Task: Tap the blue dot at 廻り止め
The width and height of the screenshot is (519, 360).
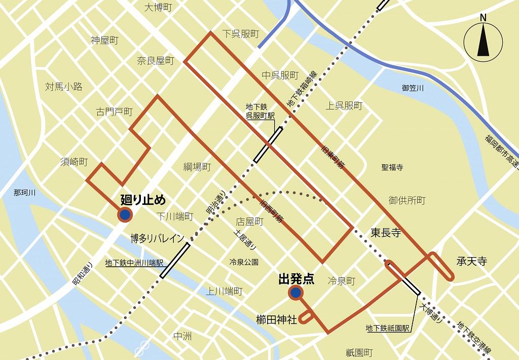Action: point(125,215)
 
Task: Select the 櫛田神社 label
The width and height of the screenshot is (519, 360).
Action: point(276,319)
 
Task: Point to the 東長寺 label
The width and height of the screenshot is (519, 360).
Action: point(386,233)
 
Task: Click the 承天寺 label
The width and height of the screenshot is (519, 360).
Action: point(471,262)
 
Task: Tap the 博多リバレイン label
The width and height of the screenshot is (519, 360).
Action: point(157,238)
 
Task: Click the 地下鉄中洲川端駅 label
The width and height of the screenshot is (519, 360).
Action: point(134,263)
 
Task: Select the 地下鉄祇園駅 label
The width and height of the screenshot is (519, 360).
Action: point(388,328)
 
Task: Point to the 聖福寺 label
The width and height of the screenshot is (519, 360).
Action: point(392,167)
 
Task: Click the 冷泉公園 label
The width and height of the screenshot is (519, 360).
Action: point(244,262)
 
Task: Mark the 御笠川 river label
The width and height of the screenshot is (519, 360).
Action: point(413,88)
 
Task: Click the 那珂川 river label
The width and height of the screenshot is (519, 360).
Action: point(24,193)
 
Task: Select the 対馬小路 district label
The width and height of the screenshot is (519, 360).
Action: point(63,87)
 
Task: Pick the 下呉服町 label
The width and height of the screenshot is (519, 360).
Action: point(241,34)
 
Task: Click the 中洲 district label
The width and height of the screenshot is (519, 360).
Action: point(182,336)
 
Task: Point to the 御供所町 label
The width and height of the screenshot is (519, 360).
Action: point(407,200)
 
